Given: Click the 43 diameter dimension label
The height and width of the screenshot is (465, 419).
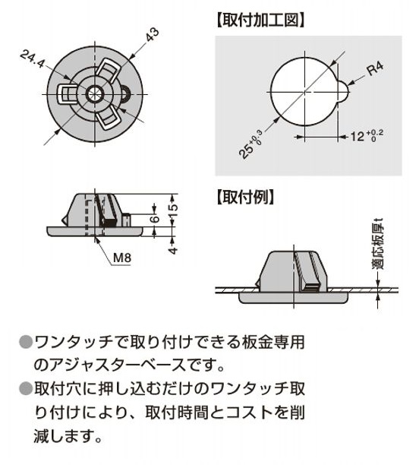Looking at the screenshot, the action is pos(153,35).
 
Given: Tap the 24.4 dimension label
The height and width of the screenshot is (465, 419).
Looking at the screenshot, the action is pos(33,59).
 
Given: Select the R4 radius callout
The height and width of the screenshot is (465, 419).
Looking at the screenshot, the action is pos(375,69).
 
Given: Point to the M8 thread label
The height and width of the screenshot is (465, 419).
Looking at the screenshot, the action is pos(122,258).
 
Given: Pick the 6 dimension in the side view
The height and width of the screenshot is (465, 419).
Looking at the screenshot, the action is pos(154,219).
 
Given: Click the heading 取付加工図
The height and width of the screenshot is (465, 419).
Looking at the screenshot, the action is pos(260,21).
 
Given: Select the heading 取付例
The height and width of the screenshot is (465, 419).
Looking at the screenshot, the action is pos(245,197).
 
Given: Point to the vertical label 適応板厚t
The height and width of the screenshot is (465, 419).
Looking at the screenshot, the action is pos(379,244).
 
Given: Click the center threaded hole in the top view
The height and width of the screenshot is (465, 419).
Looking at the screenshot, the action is pos(94,94).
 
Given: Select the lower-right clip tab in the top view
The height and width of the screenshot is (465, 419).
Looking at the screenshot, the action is pos(107,117).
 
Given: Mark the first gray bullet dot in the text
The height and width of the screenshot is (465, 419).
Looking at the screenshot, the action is pos(26,342).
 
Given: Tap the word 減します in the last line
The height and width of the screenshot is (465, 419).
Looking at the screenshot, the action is pos(63,435).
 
